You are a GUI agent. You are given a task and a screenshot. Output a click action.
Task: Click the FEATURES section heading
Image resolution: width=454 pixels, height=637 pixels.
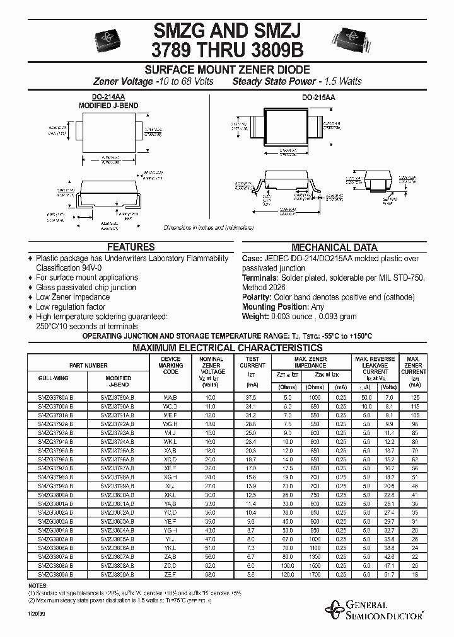(x=131, y=247)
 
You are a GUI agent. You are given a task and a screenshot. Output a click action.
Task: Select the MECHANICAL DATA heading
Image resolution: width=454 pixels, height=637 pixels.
(x=334, y=247)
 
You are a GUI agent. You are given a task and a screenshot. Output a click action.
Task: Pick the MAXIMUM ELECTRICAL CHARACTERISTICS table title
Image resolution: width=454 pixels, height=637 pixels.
(x=227, y=347)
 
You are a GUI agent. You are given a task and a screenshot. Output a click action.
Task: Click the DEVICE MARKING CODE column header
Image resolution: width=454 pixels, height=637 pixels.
(x=171, y=365)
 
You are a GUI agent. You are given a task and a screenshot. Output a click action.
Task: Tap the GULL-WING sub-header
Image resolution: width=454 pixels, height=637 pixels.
(x=54, y=378)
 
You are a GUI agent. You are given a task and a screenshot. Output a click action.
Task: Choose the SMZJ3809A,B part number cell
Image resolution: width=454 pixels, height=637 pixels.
(x=117, y=574)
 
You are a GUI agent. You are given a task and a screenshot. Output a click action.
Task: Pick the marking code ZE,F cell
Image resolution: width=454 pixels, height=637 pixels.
(x=171, y=574)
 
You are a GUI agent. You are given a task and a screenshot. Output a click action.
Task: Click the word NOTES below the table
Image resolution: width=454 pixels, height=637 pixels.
(x=37, y=585)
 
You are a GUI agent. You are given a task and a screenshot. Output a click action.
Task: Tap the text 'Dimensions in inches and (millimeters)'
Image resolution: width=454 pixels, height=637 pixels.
(x=208, y=228)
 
